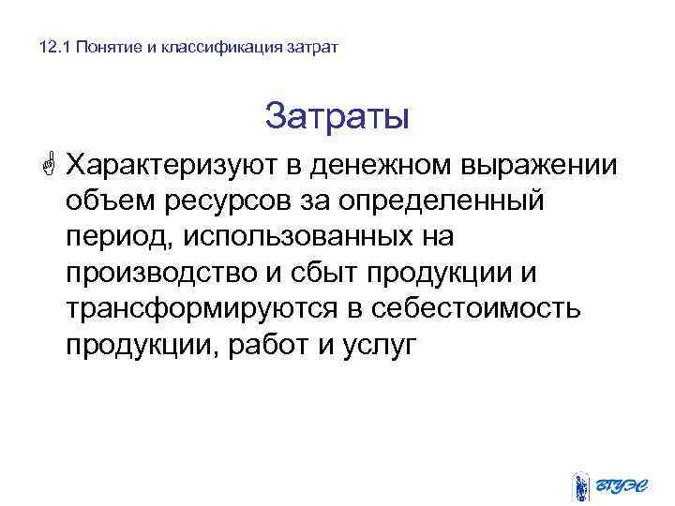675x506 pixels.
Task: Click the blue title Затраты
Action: coord(337,118)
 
